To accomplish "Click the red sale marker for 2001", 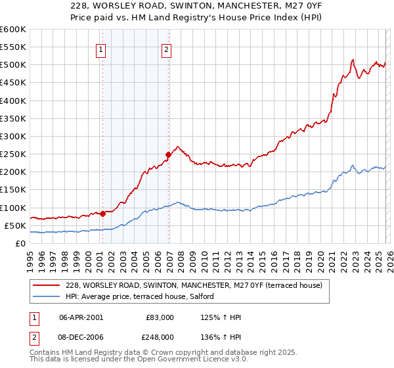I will pyautogui.click(x=102, y=214).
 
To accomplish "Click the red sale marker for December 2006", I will pyautogui.click(x=168, y=154).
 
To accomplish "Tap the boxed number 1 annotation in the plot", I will pyautogui.click(x=102, y=49).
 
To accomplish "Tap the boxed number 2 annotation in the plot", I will pyautogui.click(x=167, y=49).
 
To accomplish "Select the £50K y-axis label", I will pyautogui.click(x=15, y=225).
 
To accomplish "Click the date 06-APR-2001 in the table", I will pyautogui.click(x=81, y=317).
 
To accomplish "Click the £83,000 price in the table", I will pyautogui.click(x=160, y=317).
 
